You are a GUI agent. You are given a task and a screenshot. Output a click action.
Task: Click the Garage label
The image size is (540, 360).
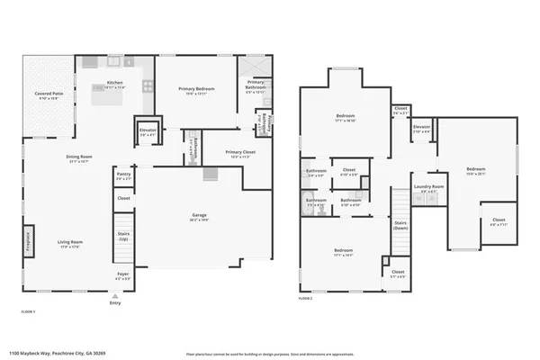point(199,215)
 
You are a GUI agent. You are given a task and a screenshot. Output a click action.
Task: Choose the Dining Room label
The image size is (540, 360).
point(79,157)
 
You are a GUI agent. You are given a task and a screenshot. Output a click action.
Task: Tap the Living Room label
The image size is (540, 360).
point(71,242)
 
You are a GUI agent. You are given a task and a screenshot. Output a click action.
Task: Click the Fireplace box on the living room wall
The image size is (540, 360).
point(27,243)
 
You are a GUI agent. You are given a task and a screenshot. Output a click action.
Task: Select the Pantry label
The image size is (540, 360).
point(123,175)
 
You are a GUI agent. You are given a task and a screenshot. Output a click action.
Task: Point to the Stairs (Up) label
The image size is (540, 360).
point(124,236)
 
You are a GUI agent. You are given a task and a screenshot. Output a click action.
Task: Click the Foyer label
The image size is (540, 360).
point(123,274)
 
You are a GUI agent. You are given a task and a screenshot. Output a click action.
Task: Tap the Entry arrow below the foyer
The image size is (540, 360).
point(114,295)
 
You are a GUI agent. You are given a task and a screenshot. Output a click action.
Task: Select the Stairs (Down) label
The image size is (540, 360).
point(400,225)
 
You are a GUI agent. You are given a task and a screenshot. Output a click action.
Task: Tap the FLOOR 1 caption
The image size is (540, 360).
point(28,311)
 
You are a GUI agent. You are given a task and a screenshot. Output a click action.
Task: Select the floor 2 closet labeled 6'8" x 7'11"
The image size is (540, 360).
point(498,221)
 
